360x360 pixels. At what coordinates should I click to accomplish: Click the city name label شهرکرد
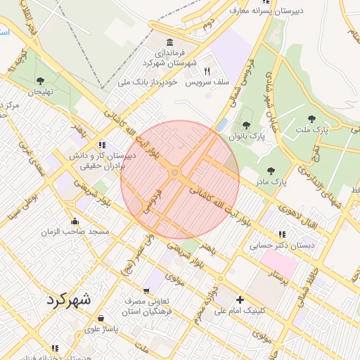[69, 300]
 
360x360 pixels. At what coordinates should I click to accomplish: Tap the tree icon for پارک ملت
[311, 119]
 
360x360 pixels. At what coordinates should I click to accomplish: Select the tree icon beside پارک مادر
[271, 171]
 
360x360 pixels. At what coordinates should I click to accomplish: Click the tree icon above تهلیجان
[40, 81]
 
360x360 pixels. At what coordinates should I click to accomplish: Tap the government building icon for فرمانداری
[169, 42]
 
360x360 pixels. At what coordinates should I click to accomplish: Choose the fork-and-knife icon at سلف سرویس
[207, 71]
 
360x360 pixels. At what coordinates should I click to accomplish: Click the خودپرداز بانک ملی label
[145, 82]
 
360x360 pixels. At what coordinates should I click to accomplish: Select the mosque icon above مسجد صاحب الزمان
[75, 221]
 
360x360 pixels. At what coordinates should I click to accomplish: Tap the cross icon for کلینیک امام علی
[240, 300]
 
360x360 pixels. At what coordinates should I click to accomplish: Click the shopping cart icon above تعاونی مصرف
[146, 290]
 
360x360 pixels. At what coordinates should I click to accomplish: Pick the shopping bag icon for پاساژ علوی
[102, 318]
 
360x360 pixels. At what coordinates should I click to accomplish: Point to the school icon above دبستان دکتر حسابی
[282, 234]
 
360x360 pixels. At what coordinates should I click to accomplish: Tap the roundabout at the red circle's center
[174, 173]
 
